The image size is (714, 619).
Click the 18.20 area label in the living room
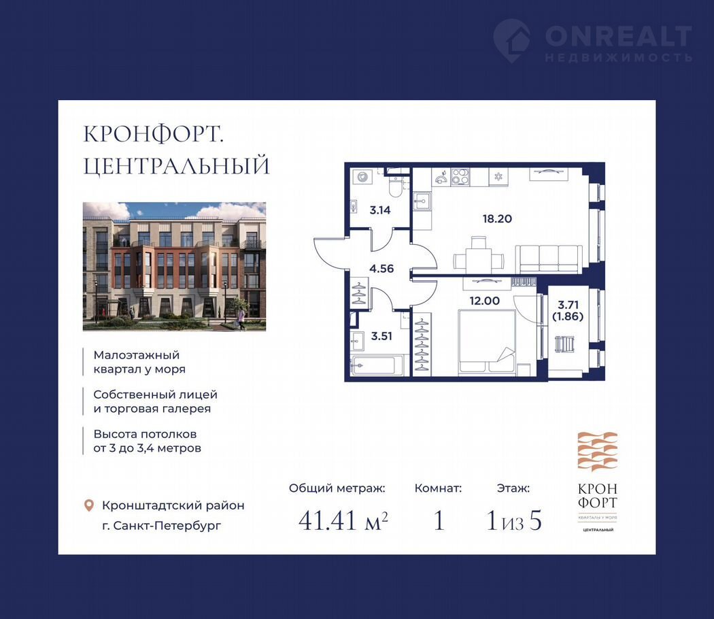497,218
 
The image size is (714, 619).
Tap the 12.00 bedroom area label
484,301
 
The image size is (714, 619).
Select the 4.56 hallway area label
381,269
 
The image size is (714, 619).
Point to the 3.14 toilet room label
379,210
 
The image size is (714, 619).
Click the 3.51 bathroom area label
381,336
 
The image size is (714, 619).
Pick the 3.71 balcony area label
568,305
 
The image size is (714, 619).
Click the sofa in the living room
549,258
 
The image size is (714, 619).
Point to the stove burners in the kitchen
460,176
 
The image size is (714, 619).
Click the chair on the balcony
564,344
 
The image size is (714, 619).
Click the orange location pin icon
89,505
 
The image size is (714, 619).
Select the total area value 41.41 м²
343,520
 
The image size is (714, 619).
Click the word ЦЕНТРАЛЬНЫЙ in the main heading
177,165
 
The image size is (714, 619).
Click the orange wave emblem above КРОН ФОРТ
598,452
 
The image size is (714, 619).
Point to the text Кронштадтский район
173,505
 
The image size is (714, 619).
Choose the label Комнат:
438,488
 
